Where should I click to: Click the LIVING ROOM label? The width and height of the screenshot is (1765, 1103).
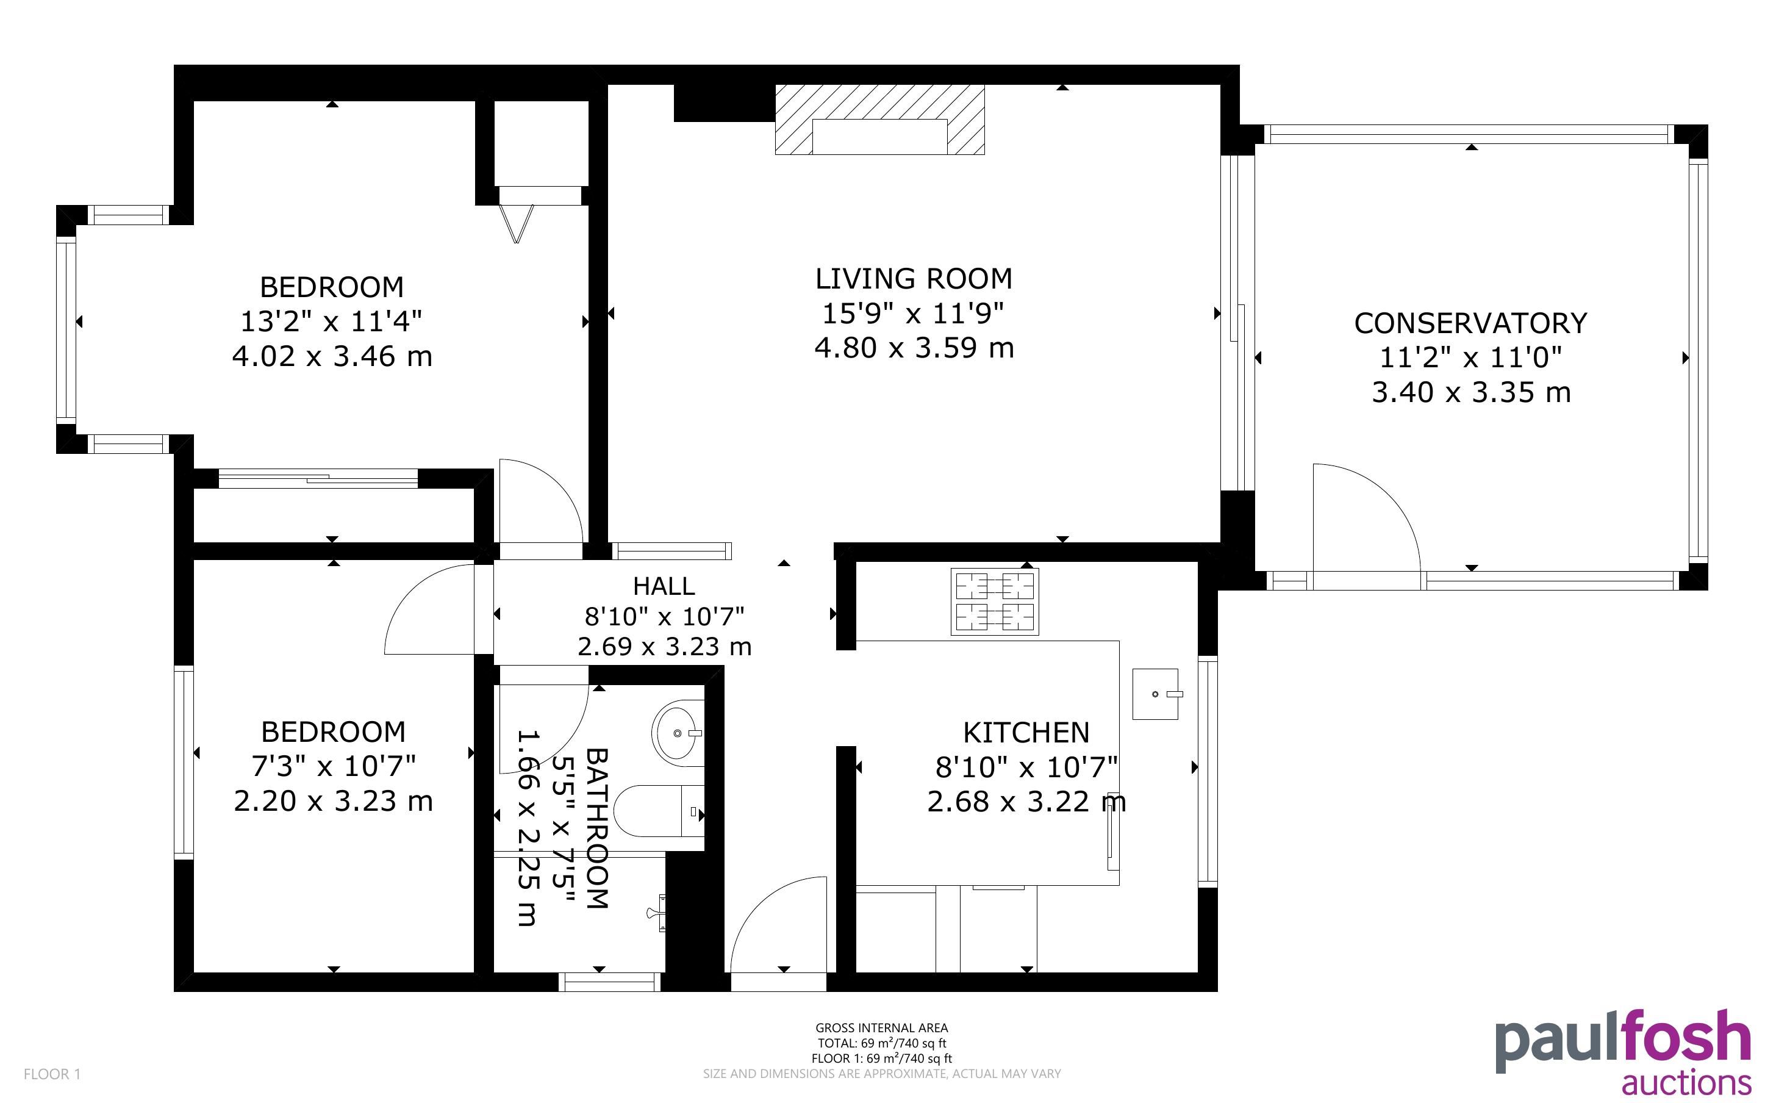click(x=914, y=279)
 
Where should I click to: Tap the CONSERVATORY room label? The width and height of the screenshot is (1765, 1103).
click(x=1470, y=323)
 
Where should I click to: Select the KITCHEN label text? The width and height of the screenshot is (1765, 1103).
click(x=1026, y=733)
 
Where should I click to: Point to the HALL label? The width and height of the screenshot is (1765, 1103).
click(x=664, y=586)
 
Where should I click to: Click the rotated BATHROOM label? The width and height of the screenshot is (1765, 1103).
click(x=596, y=828)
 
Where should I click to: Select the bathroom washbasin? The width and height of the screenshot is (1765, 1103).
click(x=678, y=733)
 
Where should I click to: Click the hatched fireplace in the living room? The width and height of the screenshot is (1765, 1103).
click(x=879, y=120)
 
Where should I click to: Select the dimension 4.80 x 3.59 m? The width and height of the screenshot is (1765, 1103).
click(x=914, y=348)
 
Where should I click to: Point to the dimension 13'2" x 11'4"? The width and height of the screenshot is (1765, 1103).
click(x=332, y=320)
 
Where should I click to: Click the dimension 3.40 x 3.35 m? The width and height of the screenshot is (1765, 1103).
click(x=1470, y=392)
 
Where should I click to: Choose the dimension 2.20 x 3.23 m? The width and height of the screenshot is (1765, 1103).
click(x=333, y=801)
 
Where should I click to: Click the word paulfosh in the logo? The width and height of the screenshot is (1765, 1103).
click(x=1623, y=1041)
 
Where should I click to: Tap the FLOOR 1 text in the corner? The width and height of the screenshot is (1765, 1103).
click(x=52, y=1074)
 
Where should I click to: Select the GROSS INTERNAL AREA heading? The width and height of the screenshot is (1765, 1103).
click(x=881, y=1028)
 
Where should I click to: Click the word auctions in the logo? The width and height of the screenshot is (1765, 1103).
click(x=1686, y=1082)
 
